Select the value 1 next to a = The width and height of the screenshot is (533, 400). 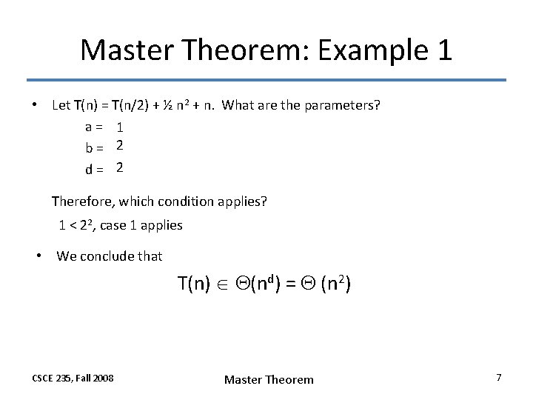(119, 127)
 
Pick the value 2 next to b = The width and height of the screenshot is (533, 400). (119, 147)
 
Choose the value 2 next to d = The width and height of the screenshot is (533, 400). (119, 168)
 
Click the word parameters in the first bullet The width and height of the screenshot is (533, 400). (343, 105)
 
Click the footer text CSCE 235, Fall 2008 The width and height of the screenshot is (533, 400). (73, 378)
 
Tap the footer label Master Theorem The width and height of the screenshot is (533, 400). (269, 379)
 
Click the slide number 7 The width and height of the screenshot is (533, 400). (498, 378)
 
